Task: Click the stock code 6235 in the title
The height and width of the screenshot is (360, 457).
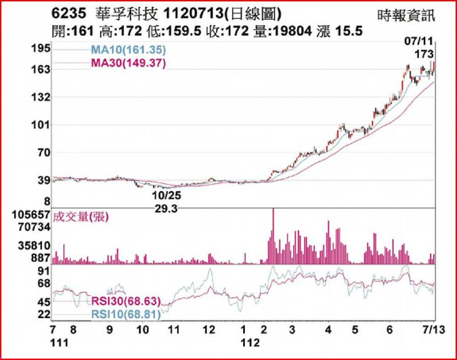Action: pyautogui.click(x=68, y=14)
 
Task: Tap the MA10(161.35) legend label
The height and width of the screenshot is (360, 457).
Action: pyautogui.click(x=129, y=50)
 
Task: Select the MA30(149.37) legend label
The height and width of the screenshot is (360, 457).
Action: pyautogui.click(x=129, y=63)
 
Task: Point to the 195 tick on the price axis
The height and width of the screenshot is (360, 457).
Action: pyautogui.click(x=40, y=48)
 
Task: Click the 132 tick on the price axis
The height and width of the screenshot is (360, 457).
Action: pyautogui.click(x=40, y=97)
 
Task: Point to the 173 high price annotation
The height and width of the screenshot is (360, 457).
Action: pyautogui.click(x=424, y=54)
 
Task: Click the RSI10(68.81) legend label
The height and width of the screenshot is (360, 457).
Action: pyautogui.click(x=126, y=315)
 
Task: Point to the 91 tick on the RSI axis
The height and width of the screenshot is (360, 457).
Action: pyautogui.click(x=43, y=271)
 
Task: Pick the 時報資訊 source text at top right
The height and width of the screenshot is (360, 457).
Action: pyautogui.click(x=405, y=17)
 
